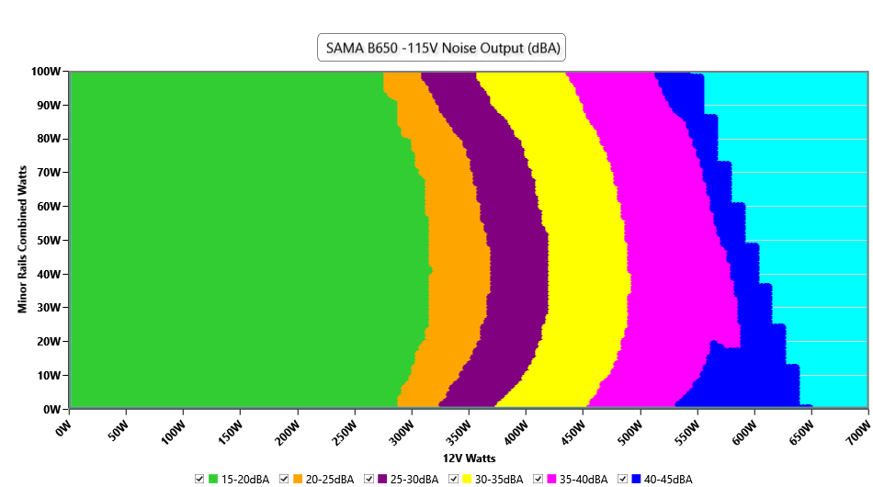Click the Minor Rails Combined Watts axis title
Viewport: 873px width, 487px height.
pyautogui.click(x=22, y=240)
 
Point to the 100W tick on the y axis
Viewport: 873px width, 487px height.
pyautogui.click(x=46, y=72)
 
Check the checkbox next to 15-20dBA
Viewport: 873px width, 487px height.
pyautogui.click(x=199, y=479)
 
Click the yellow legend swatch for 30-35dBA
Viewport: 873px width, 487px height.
pyautogui.click(x=468, y=479)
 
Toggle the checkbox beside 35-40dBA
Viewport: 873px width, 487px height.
pyautogui.click(x=539, y=479)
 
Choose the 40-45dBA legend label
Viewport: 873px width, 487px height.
pyautogui.click(x=668, y=479)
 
